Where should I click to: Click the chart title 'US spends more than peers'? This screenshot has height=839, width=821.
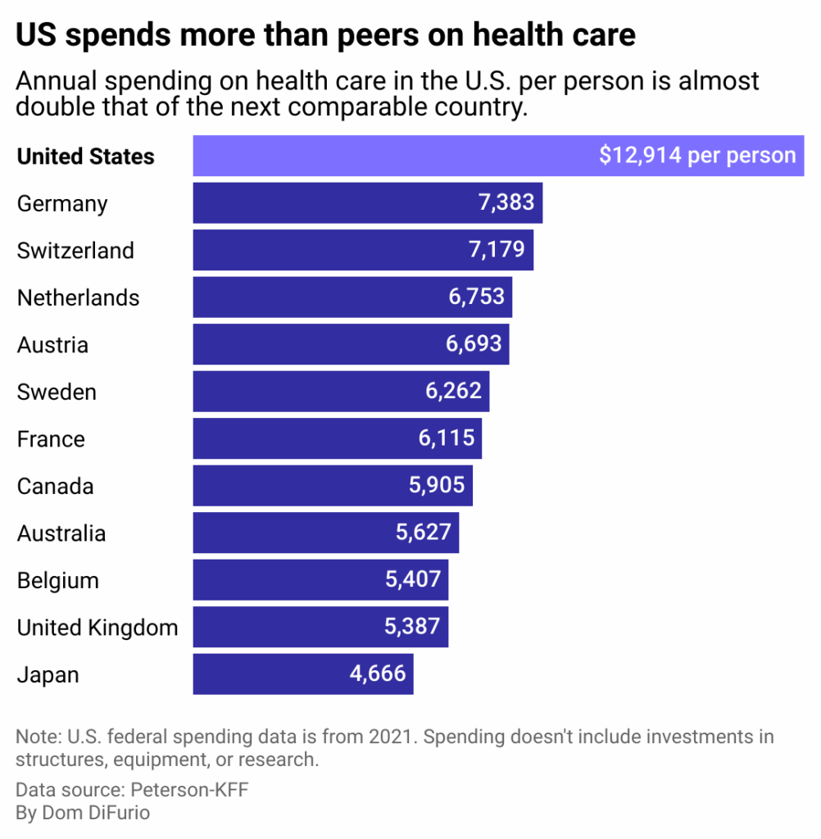[325, 35]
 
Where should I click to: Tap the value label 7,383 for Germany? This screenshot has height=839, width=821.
[506, 202]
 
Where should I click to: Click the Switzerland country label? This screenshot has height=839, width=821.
[75, 250]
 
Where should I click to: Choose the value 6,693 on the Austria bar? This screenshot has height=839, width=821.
[474, 344]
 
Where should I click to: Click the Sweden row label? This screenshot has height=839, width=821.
[57, 392]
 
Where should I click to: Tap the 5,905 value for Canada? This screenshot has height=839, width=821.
[436, 486]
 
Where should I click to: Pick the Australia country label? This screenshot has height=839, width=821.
[61, 533]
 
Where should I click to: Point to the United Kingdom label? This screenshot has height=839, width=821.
[98, 628]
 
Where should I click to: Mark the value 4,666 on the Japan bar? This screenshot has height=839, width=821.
[377, 674]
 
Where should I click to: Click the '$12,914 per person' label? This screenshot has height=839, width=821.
[697, 156]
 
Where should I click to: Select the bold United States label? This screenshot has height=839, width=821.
[85, 156]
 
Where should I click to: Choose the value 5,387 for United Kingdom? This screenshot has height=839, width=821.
[412, 628]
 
